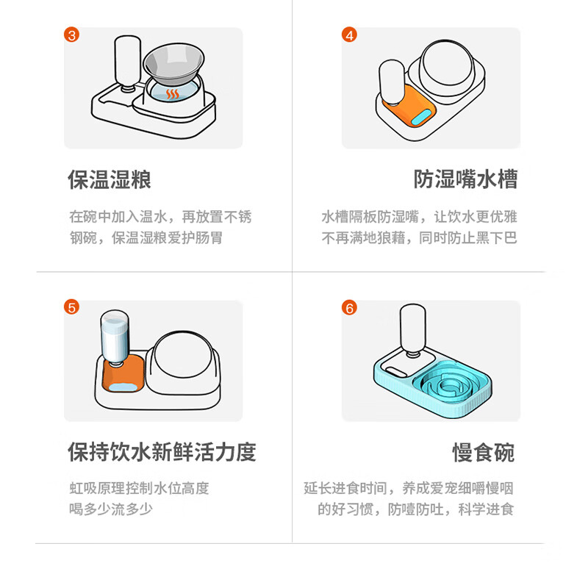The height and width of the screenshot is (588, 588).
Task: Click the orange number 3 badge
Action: [71, 35]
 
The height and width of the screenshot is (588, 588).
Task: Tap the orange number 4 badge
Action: [349, 35]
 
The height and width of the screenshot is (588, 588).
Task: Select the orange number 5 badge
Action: [71, 307]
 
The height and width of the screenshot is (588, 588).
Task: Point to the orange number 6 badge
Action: [349, 308]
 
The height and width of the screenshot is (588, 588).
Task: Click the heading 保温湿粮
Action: [110, 179]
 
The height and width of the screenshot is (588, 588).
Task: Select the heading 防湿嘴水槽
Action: [466, 179]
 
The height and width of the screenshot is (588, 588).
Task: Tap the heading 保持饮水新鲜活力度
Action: [162, 452]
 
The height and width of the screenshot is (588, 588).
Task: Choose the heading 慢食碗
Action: [484, 453]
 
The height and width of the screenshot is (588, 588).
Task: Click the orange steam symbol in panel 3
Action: [173, 94]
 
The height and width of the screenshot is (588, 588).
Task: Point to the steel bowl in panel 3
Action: [174, 65]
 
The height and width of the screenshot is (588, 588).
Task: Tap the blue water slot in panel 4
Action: [421, 118]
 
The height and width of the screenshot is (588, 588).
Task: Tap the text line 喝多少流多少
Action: [111, 509]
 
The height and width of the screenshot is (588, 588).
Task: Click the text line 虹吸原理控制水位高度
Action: [139, 488]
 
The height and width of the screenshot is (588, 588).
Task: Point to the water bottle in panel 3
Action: [127, 64]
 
